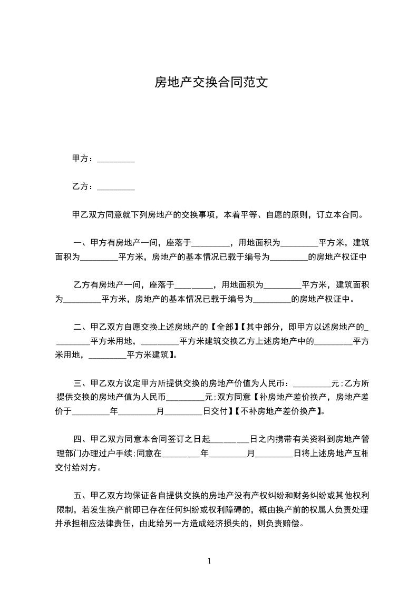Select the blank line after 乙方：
tap(116, 186)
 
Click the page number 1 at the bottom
tap(209, 561)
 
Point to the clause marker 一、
tap(81, 243)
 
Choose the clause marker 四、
tap(81, 439)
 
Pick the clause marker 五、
tap(81, 495)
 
